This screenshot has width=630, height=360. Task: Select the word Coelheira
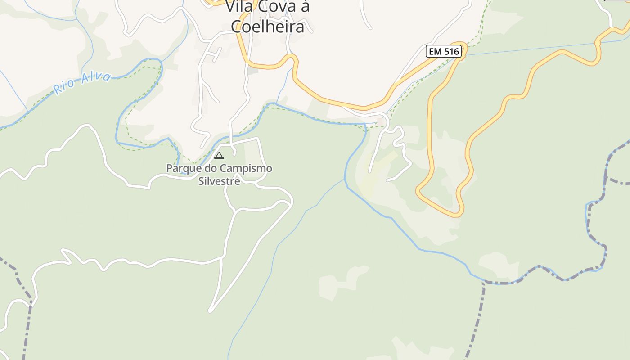point(268,27)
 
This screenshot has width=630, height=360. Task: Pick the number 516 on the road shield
point(450,51)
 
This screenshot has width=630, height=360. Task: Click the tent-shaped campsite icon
point(219,156)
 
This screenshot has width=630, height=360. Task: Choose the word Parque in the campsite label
point(184,169)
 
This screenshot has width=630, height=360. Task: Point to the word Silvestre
point(219,181)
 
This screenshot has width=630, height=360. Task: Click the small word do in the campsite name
point(211,169)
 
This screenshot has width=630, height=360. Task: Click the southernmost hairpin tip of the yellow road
point(457,214)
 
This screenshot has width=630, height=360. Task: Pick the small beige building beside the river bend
point(381,121)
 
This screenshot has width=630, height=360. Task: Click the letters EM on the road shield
point(435,51)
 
